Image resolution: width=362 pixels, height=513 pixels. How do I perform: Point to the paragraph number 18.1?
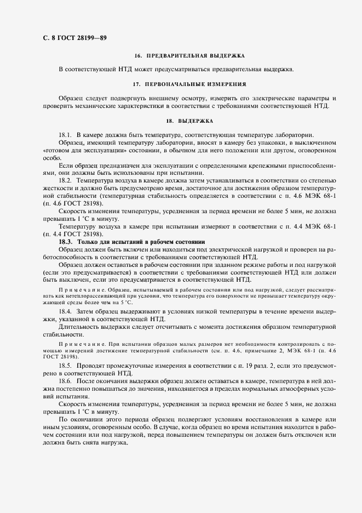click(x=65, y=135)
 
